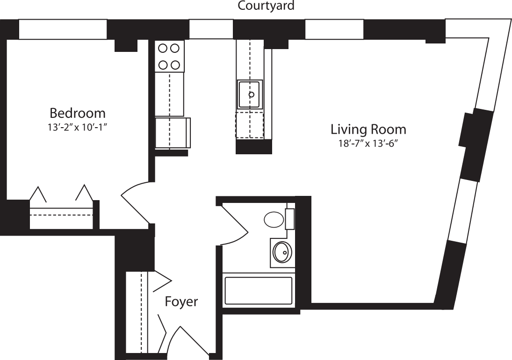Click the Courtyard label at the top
click(266, 6)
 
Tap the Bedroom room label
click(77, 113)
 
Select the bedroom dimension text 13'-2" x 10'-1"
click(78, 126)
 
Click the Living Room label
click(368, 129)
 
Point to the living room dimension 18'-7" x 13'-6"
click(368, 143)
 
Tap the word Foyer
click(181, 302)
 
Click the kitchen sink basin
click(250, 94)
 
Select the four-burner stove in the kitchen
click(169, 56)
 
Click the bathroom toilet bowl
click(274, 219)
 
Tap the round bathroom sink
click(282, 252)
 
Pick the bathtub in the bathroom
click(259, 290)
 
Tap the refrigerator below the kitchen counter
click(172, 133)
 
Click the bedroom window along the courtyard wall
click(63, 30)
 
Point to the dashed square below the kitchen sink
click(249, 125)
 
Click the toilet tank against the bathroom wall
click(290, 219)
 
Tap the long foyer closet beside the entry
click(137, 311)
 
